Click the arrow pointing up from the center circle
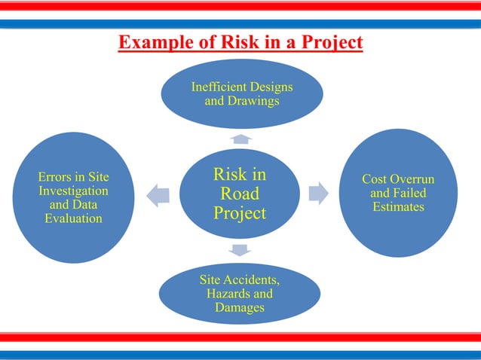point(240,139)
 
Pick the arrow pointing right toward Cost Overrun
point(319,193)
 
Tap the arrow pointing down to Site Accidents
point(240,249)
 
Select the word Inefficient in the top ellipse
point(219,87)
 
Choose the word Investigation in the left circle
point(73,191)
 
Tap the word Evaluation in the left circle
point(73,218)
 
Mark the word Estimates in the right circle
point(398,206)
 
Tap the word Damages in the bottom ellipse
point(240,307)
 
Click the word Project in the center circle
point(240,213)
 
